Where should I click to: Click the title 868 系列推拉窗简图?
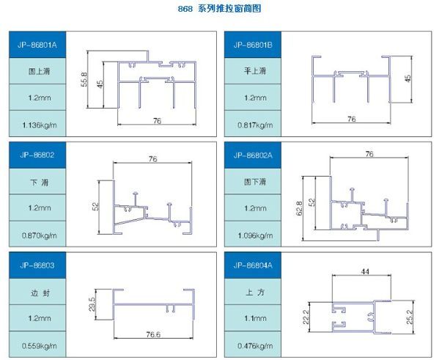point(220,8)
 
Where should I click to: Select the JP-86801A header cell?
point(37,45)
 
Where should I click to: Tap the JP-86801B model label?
point(253,45)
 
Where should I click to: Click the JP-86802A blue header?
point(253,155)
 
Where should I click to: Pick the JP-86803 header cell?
point(37,265)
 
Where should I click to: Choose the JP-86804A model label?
point(253,265)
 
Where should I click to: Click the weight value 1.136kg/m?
point(40,125)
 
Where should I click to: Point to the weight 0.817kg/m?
point(255,125)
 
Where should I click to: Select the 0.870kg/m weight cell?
point(37,234)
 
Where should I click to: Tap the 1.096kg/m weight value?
point(255,235)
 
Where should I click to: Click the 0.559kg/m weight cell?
point(37,345)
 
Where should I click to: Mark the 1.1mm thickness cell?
point(253,318)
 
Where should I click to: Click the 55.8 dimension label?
point(84,79)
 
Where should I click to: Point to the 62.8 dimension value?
point(299,208)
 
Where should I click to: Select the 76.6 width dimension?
point(153,334)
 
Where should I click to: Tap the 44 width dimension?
point(365,271)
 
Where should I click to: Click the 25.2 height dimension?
point(410,317)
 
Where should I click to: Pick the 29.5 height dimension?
point(92,304)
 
